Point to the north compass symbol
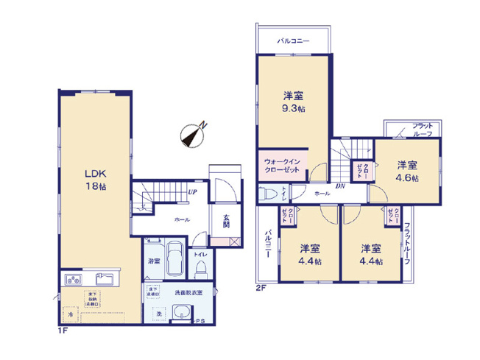(x=192, y=135)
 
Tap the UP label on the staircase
(x=191, y=193)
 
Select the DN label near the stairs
(x=341, y=186)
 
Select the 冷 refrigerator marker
(x=71, y=315)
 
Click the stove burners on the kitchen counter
(x=76, y=279)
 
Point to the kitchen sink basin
(x=104, y=280)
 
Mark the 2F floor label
(x=260, y=286)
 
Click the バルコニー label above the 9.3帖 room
(x=293, y=42)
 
